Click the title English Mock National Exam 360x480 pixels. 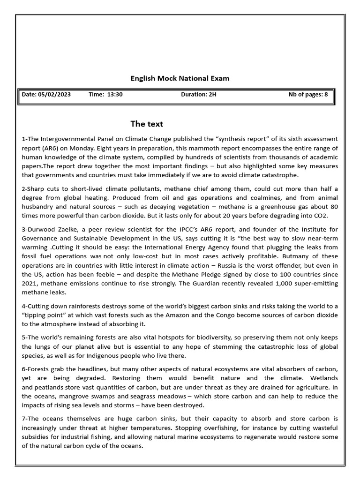(x=180, y=78)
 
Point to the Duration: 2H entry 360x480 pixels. (x=199, y=95)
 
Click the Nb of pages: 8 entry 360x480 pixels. (x=308, y=95)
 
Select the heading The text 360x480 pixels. (x=147, y=124)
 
